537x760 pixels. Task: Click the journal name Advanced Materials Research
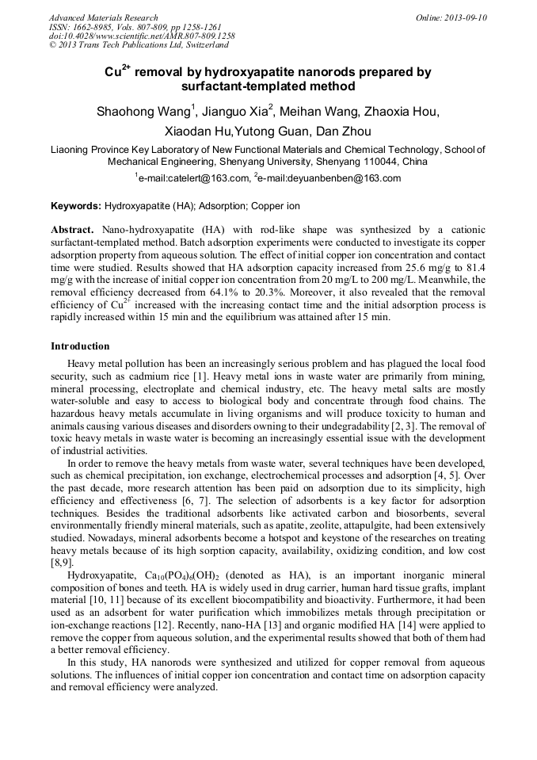103,17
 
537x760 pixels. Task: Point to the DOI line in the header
141,36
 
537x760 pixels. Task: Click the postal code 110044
383,161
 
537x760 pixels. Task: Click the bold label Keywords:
76,206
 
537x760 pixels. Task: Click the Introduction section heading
80,346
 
